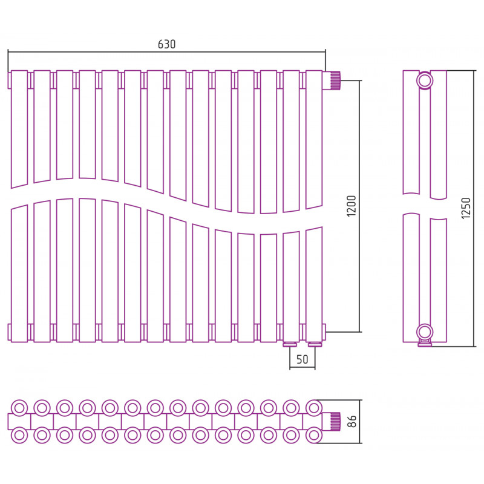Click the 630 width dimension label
click(x=167, y=44)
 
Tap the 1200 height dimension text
click(x=352, y=206)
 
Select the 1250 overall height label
click(x=466, y=208)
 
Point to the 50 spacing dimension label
click(x=302, y=359)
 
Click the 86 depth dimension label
click(x=352, y=421)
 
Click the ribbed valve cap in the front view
click(x=335, y=80)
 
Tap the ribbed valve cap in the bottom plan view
click(x=335, y=421)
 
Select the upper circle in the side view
click(x=425, y=80)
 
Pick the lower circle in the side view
click(x=425, y=332)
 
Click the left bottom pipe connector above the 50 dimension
click(x=290, y=344)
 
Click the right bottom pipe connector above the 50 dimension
click(x=314, y=344)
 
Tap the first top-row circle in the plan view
click(x=19, y=408)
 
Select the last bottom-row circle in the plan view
click(x=314, y=435)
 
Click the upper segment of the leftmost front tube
click(x=19, y=129)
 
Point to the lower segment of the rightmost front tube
click(x=314, y=284)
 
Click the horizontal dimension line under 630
click(x=167, y=52)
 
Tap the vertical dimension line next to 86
click(x=360, y=422)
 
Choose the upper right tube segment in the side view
click(x=438, y=135)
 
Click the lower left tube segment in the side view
click(x=411, y=278)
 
